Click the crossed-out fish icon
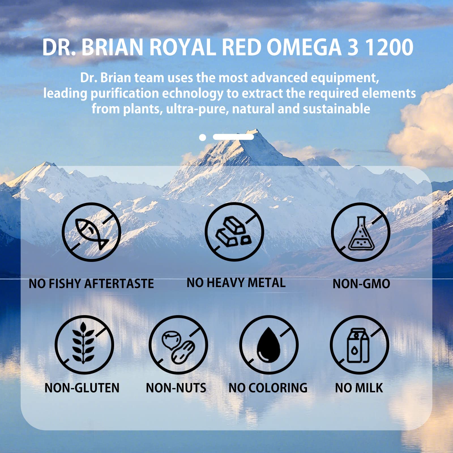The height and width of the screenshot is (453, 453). click(91, 232)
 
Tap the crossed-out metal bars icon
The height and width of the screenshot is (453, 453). click(234, 232)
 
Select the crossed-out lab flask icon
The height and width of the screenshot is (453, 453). click(361, 232)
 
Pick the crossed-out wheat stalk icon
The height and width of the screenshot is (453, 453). click(84, 345)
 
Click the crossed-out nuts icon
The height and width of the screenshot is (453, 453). click(178, 345)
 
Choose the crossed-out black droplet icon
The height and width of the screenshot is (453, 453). click(269, 345)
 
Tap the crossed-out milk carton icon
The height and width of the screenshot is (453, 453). click(359, 345)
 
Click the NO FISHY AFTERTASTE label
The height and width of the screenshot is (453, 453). click(91, 284)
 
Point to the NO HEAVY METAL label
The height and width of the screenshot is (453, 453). click(236, 283)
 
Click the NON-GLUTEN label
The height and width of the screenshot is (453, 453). click(82, 388)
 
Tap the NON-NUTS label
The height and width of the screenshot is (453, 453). click(176, 388)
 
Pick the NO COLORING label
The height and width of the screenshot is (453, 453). click(268, 388)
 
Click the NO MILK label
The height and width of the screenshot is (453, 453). click(359, 388)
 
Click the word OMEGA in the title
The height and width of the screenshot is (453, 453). click(304, 47)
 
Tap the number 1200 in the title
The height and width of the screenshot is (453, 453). click(389, 47)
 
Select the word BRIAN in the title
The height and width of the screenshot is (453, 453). click(112, 47)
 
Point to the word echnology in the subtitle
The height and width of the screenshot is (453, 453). click(193, 93)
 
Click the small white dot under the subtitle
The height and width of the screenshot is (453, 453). click(202, 138)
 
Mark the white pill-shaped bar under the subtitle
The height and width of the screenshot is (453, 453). click(233, 137)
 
